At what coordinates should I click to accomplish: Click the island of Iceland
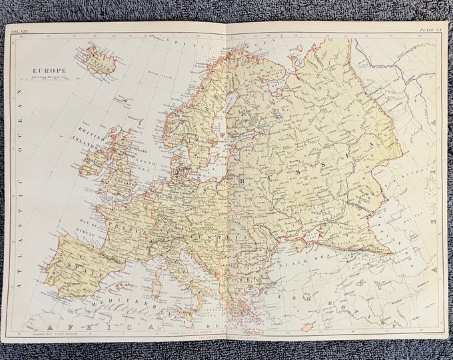101,59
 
